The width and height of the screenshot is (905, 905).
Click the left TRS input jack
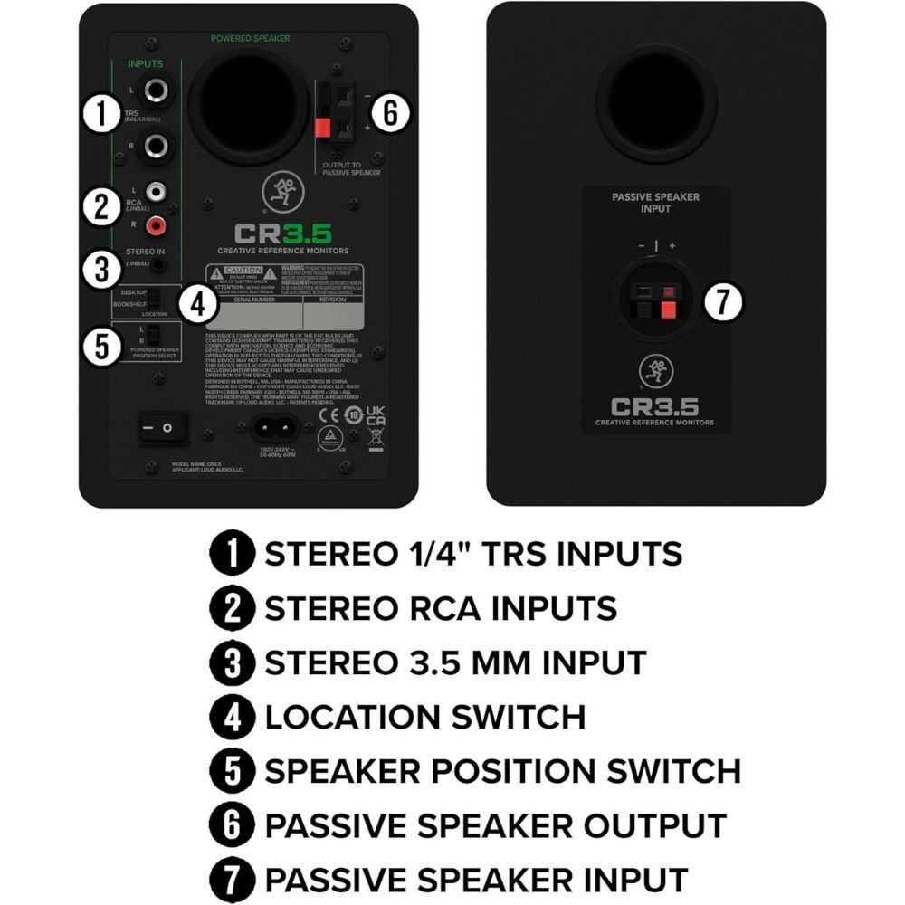click(x=155, y=90)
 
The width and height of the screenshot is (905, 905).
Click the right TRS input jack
click(x=155, y=145)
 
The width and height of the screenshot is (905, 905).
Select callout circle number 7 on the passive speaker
click(x=722, y=301)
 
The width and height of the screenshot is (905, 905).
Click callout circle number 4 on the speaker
click(x=197, y=304)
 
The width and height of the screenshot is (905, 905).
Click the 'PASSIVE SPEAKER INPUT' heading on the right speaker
click(x=655, y=202)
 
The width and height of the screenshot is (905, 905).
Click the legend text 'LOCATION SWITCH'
click(x=425, y=717)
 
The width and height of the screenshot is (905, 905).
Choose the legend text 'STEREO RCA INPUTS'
click(x=441, y=607)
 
